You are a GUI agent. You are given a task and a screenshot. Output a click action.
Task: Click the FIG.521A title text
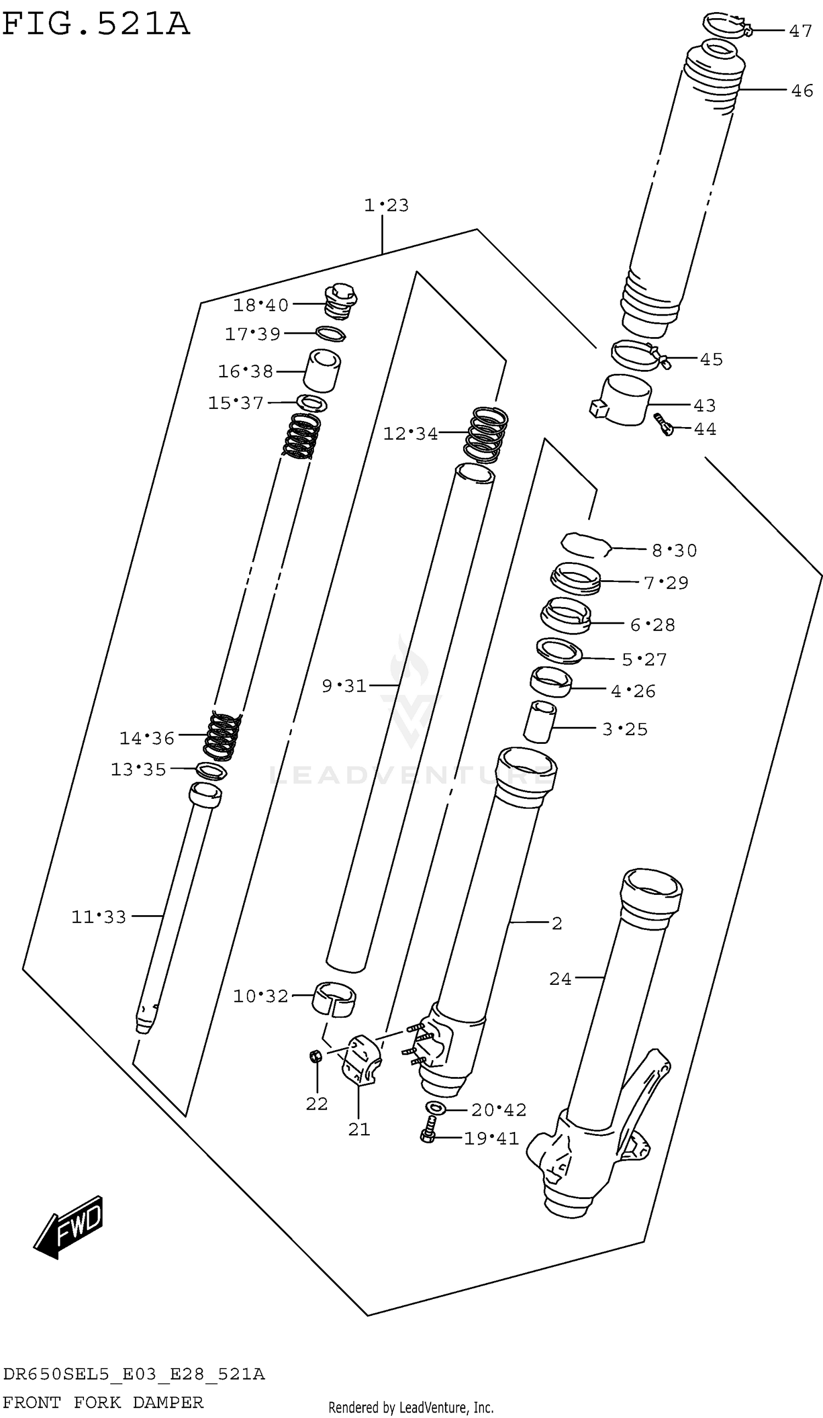point(95,25)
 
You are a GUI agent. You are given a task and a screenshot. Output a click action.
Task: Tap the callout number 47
point(800,31)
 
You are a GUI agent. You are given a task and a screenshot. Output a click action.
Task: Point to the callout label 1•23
point(386,205)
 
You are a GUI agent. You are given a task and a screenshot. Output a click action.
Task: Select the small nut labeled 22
point(315,1056)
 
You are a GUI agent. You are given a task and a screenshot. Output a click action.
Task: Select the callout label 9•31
point(343,686)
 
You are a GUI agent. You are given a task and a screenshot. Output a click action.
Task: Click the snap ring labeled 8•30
point(585,545)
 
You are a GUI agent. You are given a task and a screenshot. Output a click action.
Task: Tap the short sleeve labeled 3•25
point(539,722)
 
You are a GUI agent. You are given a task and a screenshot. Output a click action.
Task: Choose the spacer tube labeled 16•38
point(322,370)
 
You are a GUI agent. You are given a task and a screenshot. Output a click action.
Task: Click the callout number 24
point(560,979)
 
